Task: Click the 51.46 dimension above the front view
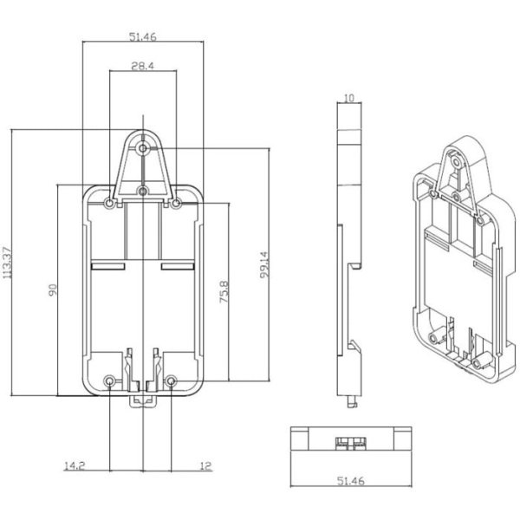coord(143,36)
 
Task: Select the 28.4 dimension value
coord(143,66)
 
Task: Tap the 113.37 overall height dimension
coord(7,263)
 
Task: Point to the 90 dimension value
coord(53,289)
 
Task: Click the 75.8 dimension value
coord(224,292)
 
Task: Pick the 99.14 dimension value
coord(264,264)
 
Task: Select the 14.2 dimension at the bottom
coord(75,465)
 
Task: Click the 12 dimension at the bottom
coord(205,465)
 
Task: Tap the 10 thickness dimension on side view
coord(349,98)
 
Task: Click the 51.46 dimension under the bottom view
coord(350,480)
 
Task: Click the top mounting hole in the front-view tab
coord(143,148)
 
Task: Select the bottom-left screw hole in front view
coord(109,381)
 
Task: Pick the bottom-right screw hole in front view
coord(171,381)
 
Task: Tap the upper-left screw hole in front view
coord(109,204)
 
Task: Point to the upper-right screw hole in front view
coord(176,204)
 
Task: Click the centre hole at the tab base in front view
coord(143,191)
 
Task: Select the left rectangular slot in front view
coord(108,266)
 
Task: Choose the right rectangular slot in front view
coord(178,266)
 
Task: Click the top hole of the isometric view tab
coord(457,163)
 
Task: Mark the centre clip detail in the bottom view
coord(350,444)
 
